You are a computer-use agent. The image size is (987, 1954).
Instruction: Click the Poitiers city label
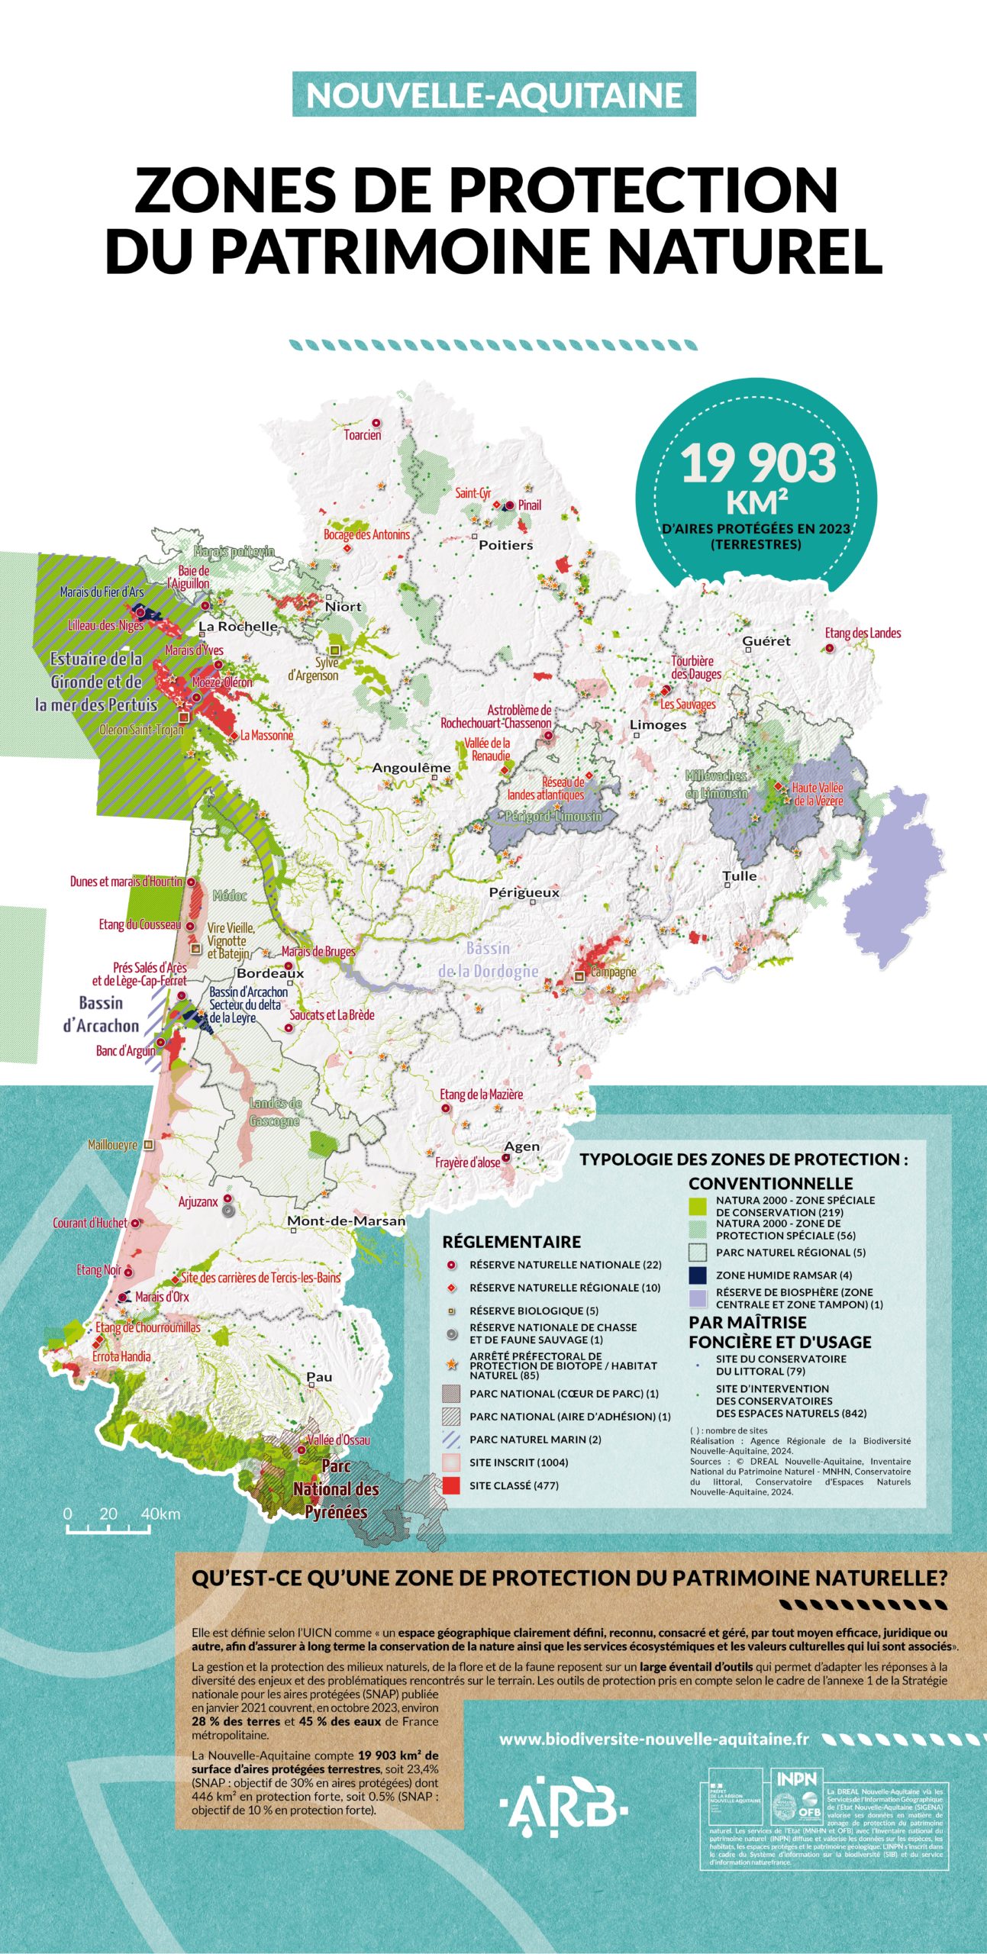505,545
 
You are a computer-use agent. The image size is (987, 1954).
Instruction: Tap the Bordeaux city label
270,973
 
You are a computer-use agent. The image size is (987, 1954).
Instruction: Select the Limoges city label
658,724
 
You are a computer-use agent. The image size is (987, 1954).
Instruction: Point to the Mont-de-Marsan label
347,1221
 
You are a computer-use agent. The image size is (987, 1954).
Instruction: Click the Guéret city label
766,641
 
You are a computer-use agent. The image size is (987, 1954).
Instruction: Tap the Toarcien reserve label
363,435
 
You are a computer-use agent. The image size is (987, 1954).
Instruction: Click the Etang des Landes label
863,633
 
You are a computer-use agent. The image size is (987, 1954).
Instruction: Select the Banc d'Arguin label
126,1051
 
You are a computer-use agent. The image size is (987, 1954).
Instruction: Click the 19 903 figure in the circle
758,463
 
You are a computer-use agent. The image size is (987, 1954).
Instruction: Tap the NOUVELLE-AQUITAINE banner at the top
494,95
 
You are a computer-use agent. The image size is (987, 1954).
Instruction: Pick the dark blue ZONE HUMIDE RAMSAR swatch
698,1275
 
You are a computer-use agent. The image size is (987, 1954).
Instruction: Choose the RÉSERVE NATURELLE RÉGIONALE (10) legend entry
554,1287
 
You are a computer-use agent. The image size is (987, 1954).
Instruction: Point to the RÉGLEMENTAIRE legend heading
511,1242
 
